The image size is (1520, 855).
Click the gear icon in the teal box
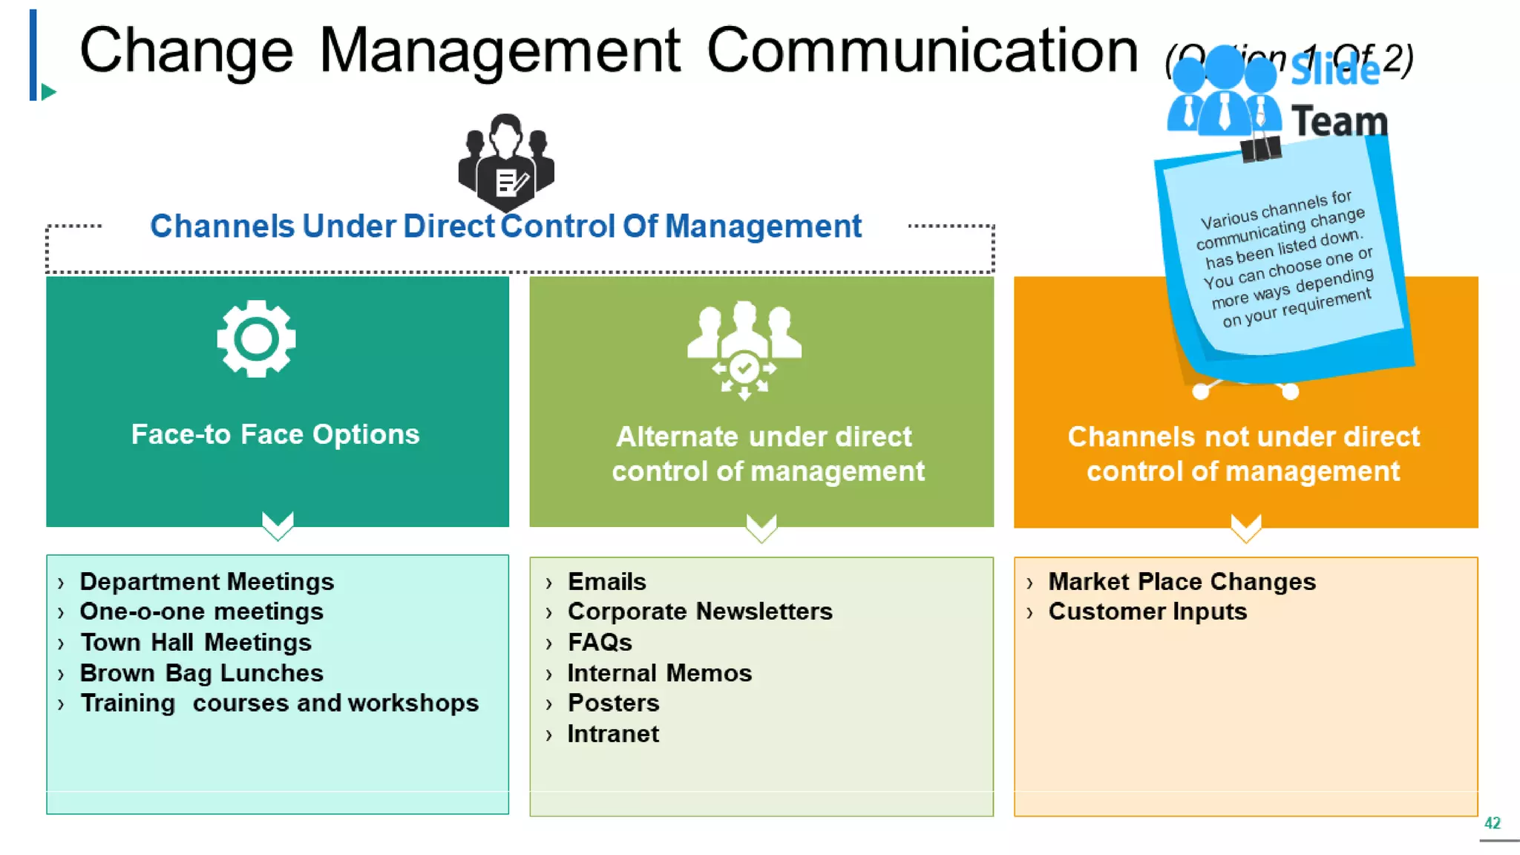pyautogui.click(x=256, y=339)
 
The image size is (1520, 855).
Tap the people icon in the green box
pyautogui.click(x=744, y=350)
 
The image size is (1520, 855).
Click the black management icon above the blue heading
pyautogui.click(x=506, y=162)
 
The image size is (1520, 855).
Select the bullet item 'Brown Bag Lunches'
pyautogui.click(x=201, y=672)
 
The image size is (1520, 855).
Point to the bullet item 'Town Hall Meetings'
pyautogui.click(x=195, y=642)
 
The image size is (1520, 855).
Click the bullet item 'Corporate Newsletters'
pyautogui.click(x=699, y=612)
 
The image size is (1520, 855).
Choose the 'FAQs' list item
pyautogui.click(x=600, y=642)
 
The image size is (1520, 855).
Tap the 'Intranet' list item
pyautogui.click(x=613, y=734)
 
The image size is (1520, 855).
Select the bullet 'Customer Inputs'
pyautogui.click(x=1147, y=612)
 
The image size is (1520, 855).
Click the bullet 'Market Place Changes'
pyautogui.click(x=1182, y=582)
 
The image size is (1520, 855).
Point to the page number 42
pyautogui.click(x=1492, y=823)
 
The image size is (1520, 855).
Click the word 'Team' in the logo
pyautogui.click(x=1340, y=122)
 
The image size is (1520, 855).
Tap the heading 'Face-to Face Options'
pyautogui.click(x=275, y=434)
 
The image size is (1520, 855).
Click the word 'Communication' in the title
pyautogui.click(x=922, y=50)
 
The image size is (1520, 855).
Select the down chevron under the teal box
pyautogui.click(x=278, y=525)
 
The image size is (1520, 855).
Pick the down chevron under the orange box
pyautogui.click(x=1245, y=527)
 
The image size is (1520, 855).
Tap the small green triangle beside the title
pyautogui.click(x=49, y=92)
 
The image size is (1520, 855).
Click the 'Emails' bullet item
pyautogui.click(x=606, y=582)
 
